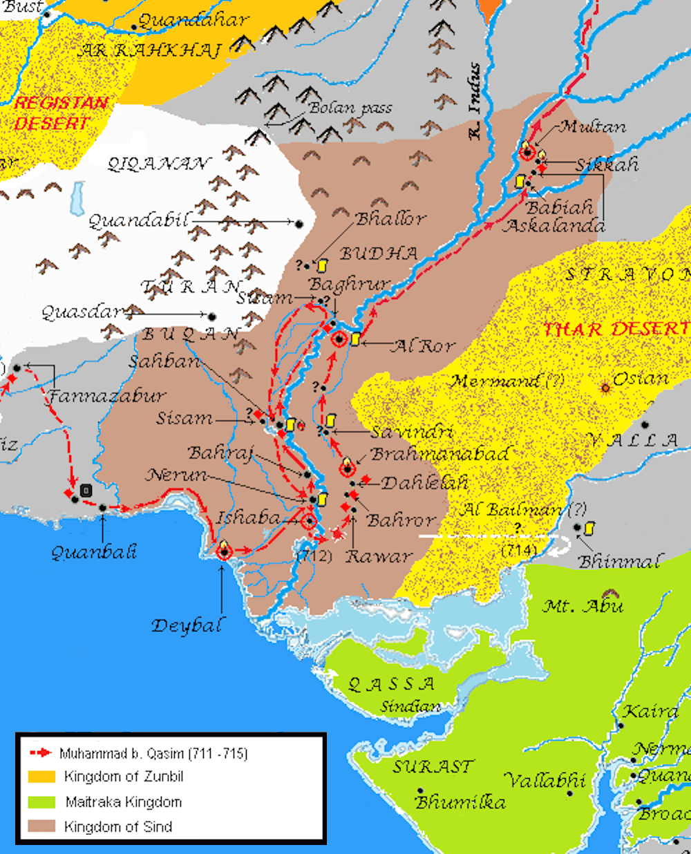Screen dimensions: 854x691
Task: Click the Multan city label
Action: (593, 126)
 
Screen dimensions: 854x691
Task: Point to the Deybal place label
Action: (187, 626)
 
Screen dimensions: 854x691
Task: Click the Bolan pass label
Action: (350, 108)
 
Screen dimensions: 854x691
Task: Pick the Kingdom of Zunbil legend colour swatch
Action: (41, 777)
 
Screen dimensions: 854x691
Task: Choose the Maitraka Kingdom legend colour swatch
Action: (41, 801)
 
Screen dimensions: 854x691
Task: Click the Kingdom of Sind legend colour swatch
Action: (41, 826)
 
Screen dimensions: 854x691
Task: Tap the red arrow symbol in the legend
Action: (41, 752)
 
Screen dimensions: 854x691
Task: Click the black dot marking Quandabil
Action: (299, 223)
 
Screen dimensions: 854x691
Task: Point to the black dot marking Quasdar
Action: (211, 316)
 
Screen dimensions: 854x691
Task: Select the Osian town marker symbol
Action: (606, 388)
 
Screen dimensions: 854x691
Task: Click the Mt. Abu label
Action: (583, 607)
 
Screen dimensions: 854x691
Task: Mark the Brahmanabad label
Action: (439, 454)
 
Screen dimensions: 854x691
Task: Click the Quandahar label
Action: (193, 21)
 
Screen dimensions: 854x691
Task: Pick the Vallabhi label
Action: (545, 781)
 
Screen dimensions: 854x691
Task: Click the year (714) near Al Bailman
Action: (519, 551)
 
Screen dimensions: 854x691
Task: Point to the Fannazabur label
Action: (107, 397)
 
